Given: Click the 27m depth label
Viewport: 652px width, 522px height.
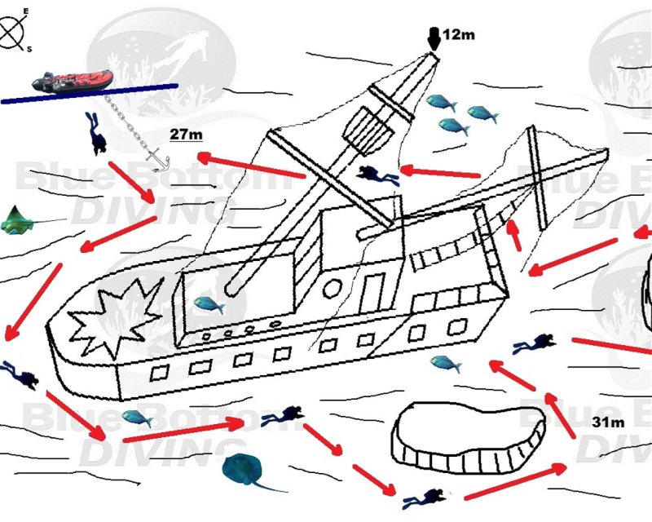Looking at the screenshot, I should point(185,134).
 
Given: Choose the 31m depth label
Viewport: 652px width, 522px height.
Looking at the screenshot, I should point(608,422).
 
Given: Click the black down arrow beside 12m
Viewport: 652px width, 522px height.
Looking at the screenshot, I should point(434,38).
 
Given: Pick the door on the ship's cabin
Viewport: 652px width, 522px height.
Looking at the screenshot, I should point(372,290).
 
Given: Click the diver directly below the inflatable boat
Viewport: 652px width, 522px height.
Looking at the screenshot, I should point(96,133).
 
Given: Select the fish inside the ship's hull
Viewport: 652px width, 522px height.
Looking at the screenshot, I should point(209,305).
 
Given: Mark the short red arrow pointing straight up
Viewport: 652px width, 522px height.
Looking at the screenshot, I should point(513,235).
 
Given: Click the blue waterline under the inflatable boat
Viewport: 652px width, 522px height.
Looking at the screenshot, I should point(90,93).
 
